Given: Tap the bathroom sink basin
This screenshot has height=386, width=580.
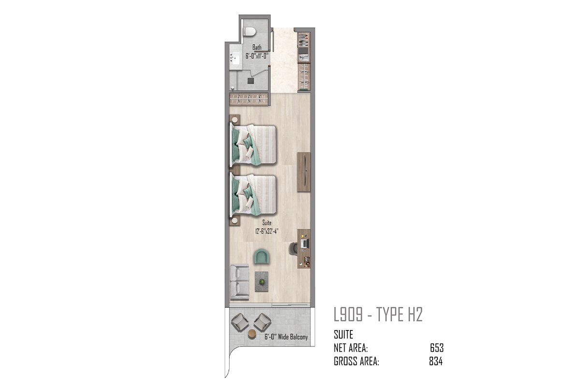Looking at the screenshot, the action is click(x=54, y=58).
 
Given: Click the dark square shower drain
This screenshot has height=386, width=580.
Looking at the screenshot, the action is click(x=251, y=81).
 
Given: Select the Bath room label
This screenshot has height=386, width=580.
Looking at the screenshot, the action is click(x=257, y=47).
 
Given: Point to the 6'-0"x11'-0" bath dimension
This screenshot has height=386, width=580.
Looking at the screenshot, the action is click(x=257, y=56).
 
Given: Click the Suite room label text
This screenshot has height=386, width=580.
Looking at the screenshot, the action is click(x=267, y=222).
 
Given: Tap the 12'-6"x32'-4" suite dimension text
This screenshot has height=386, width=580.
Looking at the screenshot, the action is click(x=267, y=231).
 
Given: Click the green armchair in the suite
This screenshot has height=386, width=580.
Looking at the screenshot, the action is click(x=261, y=257).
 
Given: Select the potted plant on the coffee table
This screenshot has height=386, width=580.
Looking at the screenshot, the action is click(x=262, y=282).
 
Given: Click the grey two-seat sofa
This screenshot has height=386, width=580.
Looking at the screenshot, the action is click(x=240, y=282).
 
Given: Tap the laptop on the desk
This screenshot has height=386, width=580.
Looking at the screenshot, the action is click(x=305, y=243).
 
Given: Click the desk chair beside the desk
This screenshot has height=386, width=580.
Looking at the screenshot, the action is click(x=293, y=248).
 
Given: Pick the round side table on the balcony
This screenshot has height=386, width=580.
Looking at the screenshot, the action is click(x=252, y=334).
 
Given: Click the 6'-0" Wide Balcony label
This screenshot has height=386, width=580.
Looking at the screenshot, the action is click(x=286, y=337).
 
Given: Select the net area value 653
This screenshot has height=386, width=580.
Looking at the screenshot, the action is click(x=437, y=348).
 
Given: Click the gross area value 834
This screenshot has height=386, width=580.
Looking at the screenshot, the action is click(x=436, y=361).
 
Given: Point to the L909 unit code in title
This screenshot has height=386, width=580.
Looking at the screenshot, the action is click(x=348, y=315).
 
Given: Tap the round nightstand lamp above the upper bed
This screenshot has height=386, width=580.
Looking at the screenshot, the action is click(x=235, y=120).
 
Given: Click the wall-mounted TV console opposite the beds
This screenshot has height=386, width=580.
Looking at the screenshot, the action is click(x=304, y=172).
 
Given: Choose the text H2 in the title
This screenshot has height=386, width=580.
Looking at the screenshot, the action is click(x=415, y=315).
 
